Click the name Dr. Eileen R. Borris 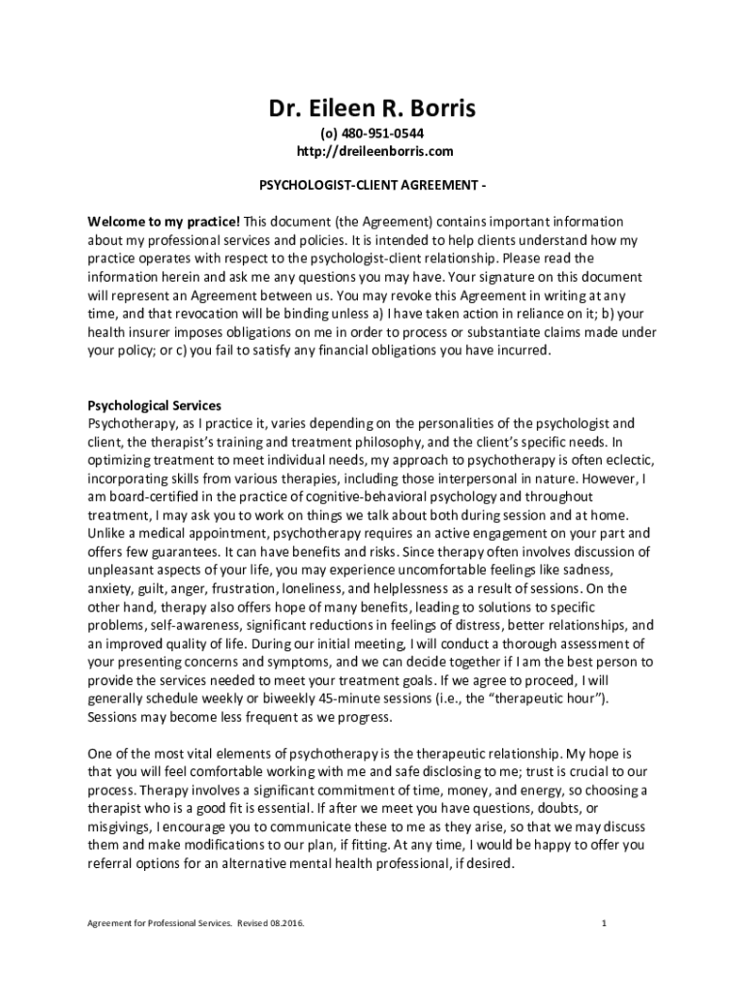372,109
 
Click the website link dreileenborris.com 372,151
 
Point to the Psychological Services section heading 155,405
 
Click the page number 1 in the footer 603,922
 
